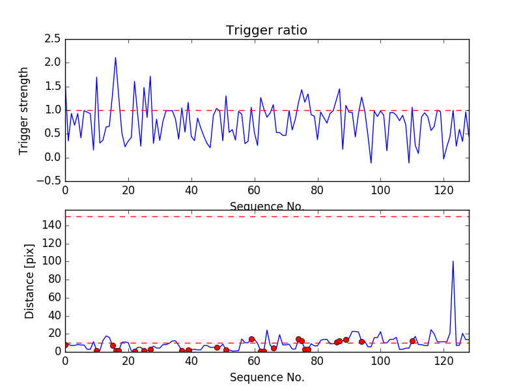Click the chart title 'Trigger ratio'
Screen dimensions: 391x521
(x=266, y=31)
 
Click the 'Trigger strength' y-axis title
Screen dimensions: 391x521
(x=24, y=110)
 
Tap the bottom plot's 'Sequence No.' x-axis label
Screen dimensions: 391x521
(x=266, y=377)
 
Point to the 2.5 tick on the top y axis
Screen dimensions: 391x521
(x=53, y=39)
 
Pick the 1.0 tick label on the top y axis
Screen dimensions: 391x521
(x=53, y=110)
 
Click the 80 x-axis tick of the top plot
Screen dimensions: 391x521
(x=317, y=192)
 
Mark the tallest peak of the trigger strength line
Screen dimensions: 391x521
(x=115, y=57)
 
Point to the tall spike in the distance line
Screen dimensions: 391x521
(x=453, y=261)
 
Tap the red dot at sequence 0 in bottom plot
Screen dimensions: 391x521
(x=65, y=345)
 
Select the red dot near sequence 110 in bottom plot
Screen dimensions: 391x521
(x=412, y=341)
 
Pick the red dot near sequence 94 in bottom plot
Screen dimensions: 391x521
(x=361, y=341)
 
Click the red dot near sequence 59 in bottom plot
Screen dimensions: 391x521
(x=251, y=339)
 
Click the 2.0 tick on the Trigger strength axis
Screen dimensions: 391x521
(x=53, y=63)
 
